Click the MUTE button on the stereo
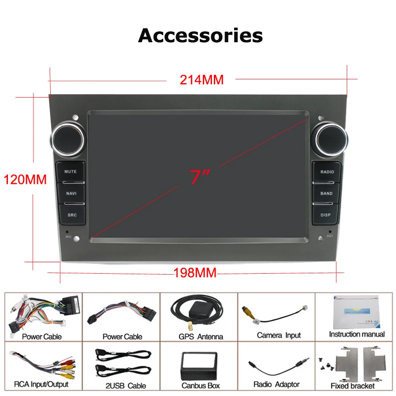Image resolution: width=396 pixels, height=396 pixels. click(70, 172)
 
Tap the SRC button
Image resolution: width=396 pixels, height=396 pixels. click(71, 215)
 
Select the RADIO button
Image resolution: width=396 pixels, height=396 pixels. click(326, 172)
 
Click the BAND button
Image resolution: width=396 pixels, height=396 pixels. click(326, 193)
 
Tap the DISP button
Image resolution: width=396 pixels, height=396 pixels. click(326, 215)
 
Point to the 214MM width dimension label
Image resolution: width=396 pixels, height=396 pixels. click(202, 80)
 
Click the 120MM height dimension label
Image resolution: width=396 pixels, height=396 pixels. click(26, 180)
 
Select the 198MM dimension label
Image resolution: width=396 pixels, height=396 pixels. click(195, 273)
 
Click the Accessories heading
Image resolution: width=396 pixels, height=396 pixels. click(201, 36)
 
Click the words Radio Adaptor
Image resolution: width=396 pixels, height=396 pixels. click(276, 385)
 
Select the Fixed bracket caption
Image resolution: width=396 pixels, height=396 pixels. click(352, 386)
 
